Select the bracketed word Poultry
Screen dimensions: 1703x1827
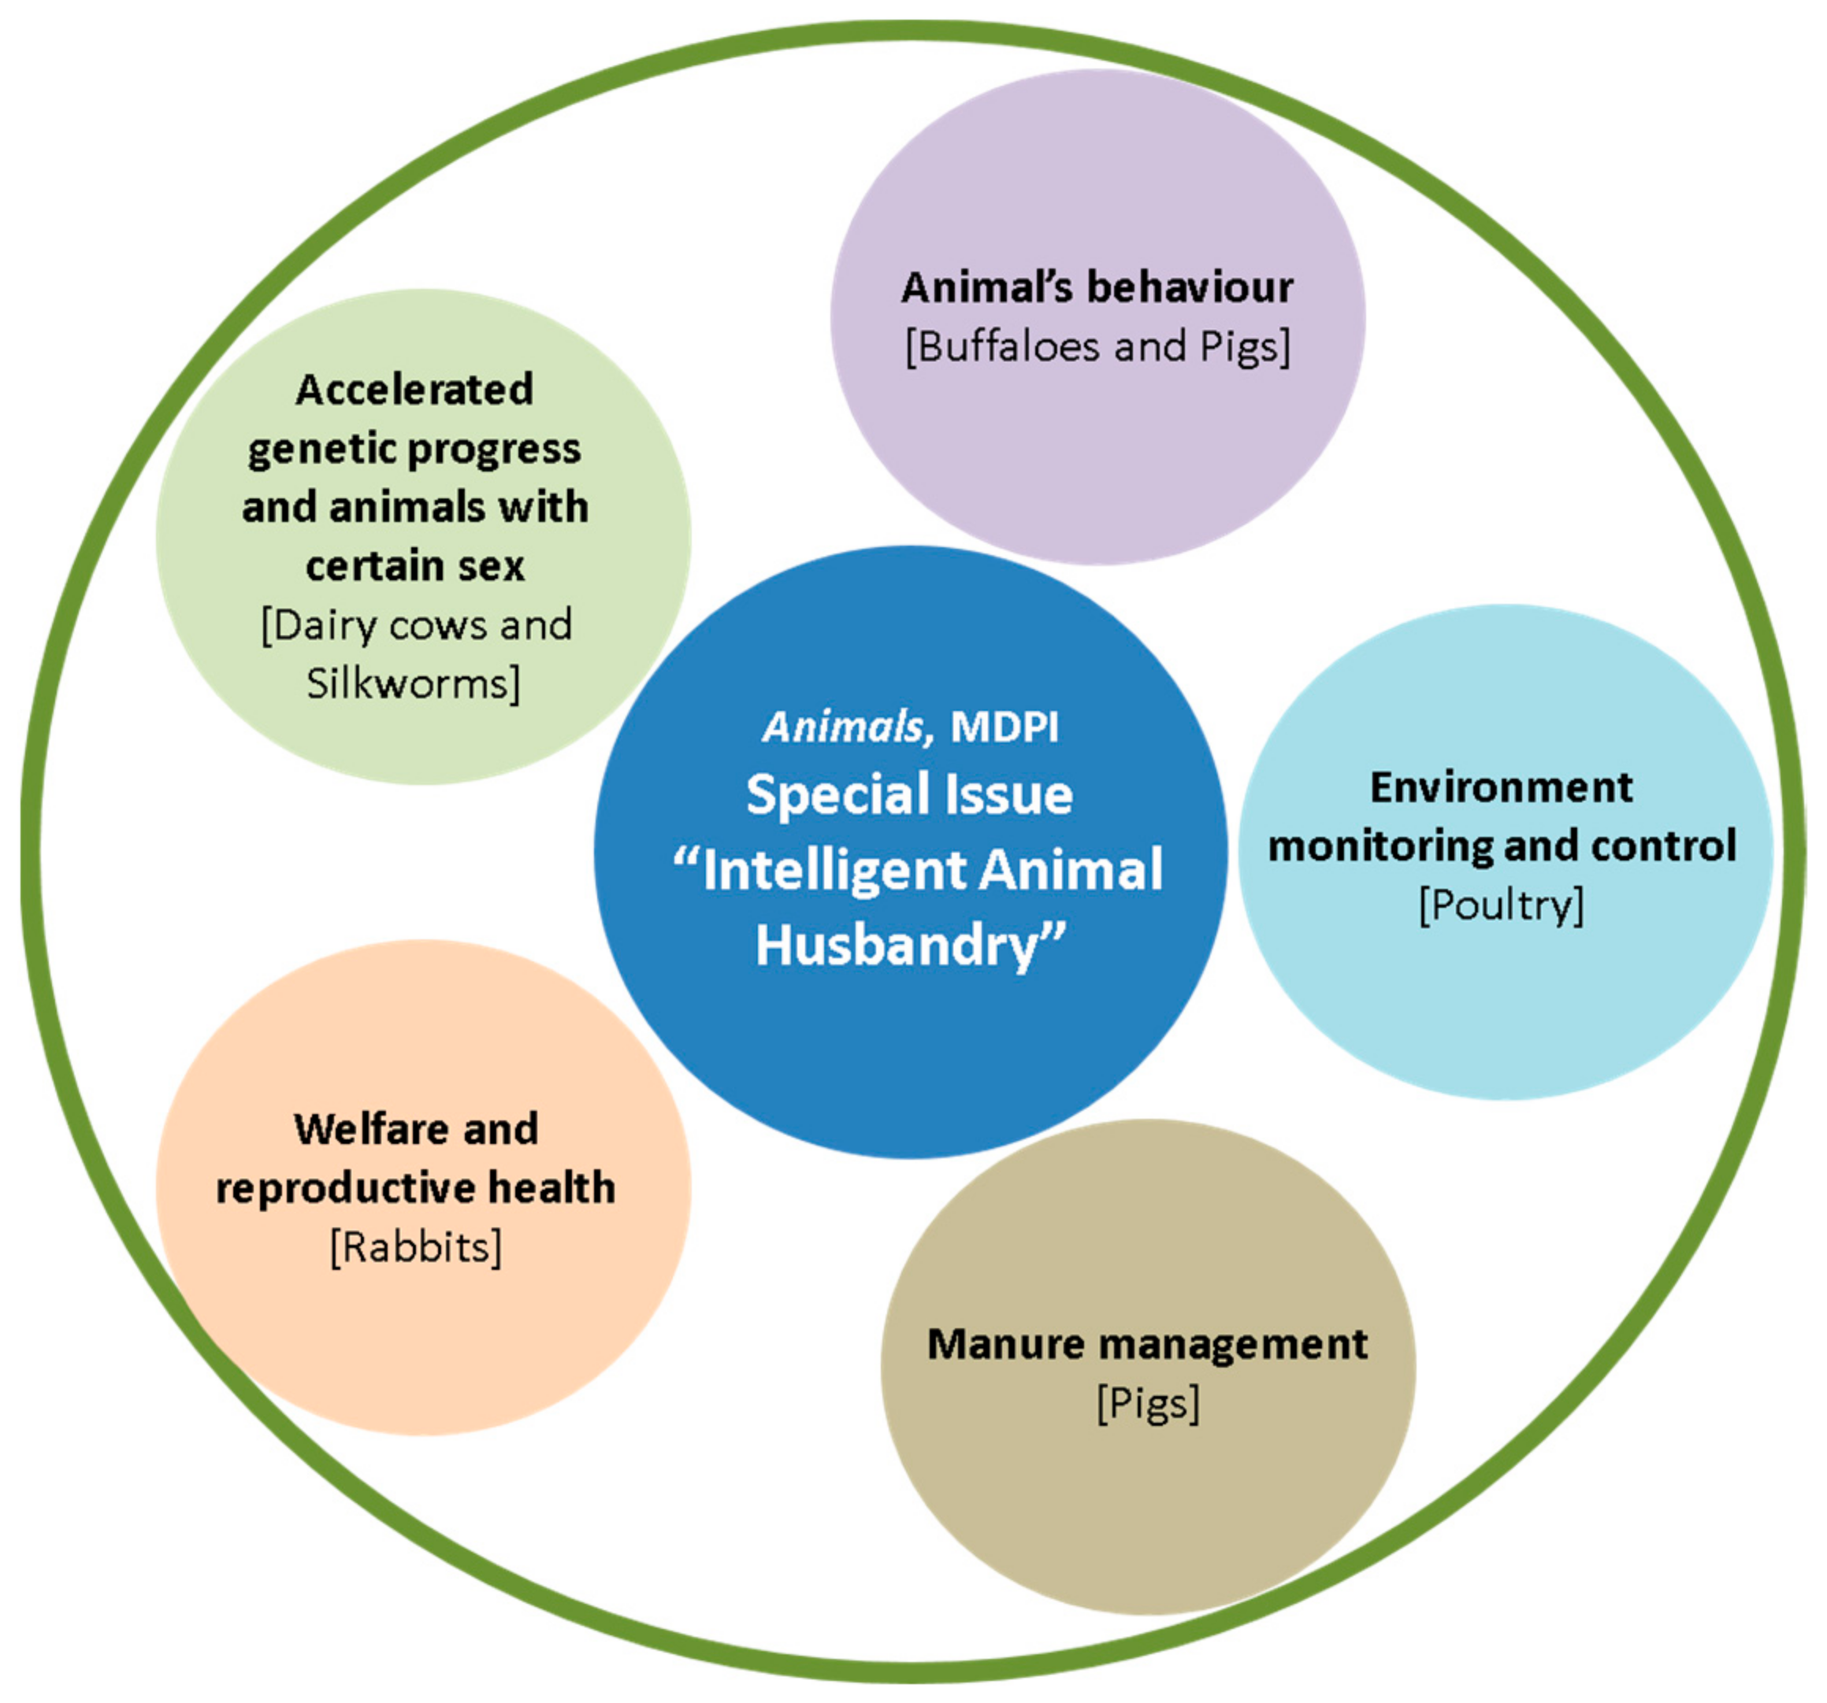point(1502,905)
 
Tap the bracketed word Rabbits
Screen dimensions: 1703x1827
point(416,1247)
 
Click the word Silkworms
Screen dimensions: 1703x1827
point(413,684)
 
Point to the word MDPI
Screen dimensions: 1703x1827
point(1004,727)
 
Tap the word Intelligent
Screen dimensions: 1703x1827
point(831,870)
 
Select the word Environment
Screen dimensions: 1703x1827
point(1502,788)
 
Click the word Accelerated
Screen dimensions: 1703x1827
point(414,390)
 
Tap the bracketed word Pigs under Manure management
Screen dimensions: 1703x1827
point(1148,1404)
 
